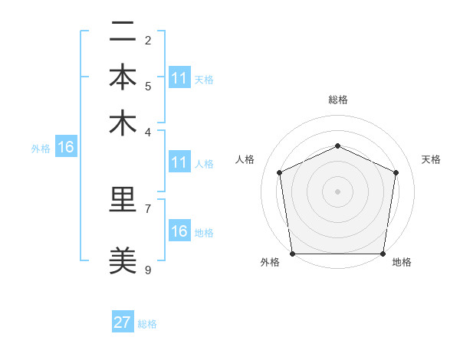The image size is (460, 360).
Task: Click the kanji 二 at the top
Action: coord(123,33)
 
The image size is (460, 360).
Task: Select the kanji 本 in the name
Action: coord(123,78)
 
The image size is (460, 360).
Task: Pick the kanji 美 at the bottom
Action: coord(123,261)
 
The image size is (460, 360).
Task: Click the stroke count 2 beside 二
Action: coord(148,40)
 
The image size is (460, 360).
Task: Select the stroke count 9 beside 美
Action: coord(148,270)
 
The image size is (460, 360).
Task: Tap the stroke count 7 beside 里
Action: coord(148,208)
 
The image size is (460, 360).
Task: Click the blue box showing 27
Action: coord(123,322)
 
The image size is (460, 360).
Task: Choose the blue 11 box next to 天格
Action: coord(179,78)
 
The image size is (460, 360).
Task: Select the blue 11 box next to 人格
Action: coord(179,162)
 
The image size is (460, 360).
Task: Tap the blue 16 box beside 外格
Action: coord(66,147)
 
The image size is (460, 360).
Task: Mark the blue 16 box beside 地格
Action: coord(179,231)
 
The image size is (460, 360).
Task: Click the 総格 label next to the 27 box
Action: coord(147,324)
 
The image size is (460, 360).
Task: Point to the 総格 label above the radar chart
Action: coord(337,100)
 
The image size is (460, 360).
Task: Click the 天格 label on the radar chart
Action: coord(431,159)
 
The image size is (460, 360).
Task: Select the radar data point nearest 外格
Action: coord(292,254)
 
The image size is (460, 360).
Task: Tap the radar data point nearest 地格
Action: coord(383,254)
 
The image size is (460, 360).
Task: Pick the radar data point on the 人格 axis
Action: coord(279,172)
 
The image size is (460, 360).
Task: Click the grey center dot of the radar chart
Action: coord(337,191)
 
